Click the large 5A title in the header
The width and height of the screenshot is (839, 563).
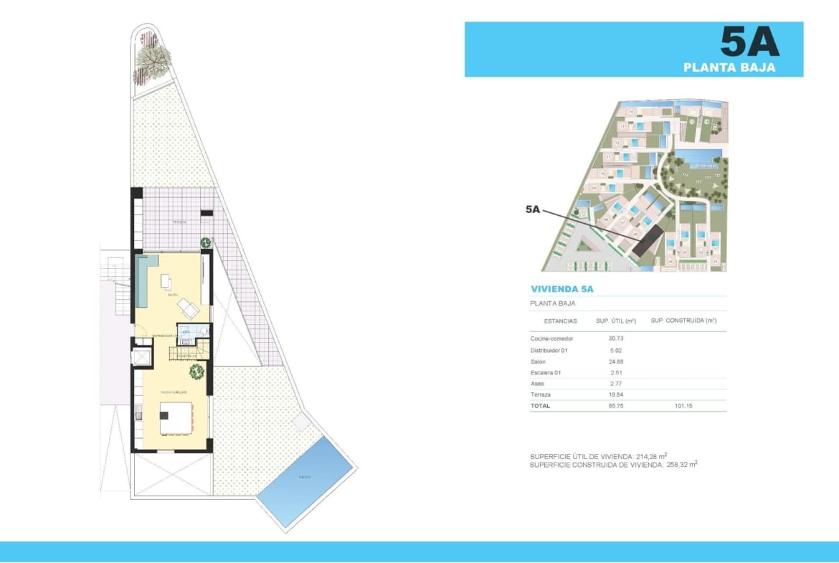click(749, 42)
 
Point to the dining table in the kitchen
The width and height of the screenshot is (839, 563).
click(176, 417)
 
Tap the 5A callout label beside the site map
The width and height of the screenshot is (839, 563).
click(532, 209)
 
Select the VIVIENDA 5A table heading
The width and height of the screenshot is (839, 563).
click(561, 290)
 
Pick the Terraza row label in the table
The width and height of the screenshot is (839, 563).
click(541, 394)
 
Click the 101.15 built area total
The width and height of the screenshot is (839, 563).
click(683, 405)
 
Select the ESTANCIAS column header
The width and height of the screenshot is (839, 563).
click(560, 321)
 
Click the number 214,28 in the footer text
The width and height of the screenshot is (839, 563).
click(648, 456)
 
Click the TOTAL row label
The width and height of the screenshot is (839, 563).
click(540, 405)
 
